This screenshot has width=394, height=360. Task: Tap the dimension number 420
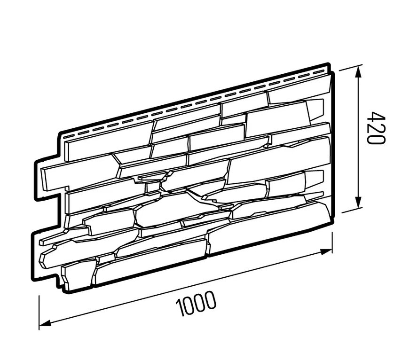pyautogui.click(x=376, y=128)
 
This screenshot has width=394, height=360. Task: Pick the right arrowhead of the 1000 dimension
pyautogui.click(x=326, y=252)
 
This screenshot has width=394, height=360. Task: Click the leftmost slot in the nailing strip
pyautogui.click(x=67, y=137)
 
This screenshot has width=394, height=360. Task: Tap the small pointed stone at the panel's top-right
pyautogui.click(x=315, y=110)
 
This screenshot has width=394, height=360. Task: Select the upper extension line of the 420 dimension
pyautogui.click(x=349, y=68)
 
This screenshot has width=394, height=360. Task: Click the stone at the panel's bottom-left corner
pyautogui.click(x=79, y=275)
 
